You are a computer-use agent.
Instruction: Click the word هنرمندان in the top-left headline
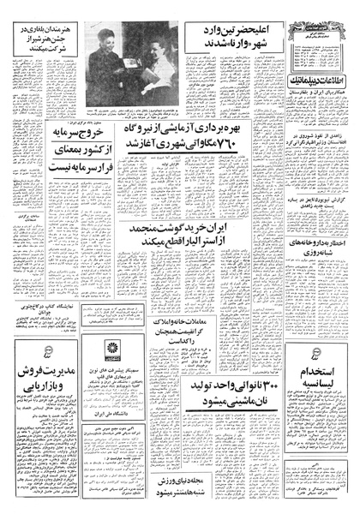(73, 27)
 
